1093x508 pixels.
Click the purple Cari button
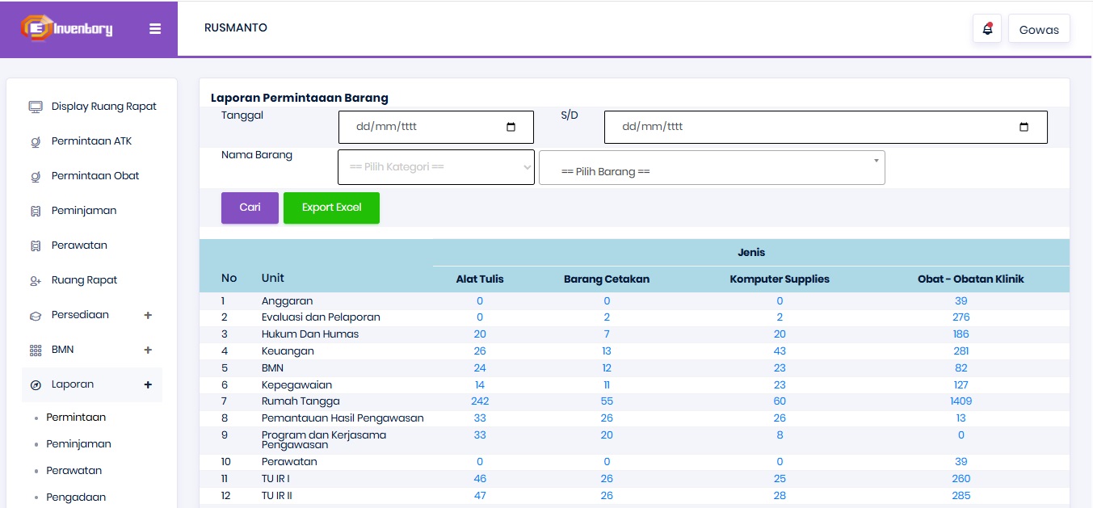[250, 208]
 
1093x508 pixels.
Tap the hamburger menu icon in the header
[155, 29]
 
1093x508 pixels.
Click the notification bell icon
[987, 29]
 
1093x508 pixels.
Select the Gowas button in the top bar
[1039, 29]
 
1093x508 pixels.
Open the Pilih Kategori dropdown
[436, 167]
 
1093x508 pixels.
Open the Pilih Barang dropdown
[712, 167]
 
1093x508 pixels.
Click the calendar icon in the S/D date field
[1024, 127]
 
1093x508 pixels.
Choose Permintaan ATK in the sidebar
[92, 141]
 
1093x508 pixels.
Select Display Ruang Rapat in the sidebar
[104, 107]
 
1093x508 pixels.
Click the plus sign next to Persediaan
[148, 315]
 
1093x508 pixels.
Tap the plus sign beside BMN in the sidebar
[148, 350]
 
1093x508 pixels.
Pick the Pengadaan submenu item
[76, 498]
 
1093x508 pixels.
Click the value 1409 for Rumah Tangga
[961, 401]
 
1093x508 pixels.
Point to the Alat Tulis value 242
[480, 401]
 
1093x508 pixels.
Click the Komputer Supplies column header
[780, 279]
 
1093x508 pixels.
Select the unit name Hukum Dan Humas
[310, 334]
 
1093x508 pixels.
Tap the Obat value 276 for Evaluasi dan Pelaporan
[961, 317]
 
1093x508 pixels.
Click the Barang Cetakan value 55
[607, 401]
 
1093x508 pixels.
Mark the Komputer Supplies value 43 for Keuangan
[780, 351]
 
